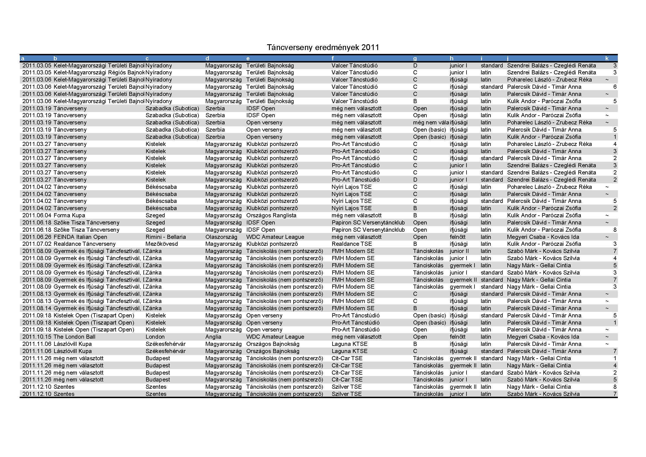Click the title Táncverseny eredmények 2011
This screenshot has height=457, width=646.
click(323, 47)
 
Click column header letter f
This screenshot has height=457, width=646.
click(333, 59)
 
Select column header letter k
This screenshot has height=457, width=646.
click(607, 59)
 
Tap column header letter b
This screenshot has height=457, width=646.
click(56, 59)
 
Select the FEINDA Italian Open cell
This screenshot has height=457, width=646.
click(80, 237)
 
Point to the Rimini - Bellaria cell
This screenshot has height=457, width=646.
click(166, 237)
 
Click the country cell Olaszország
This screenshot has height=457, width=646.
click(221, 237)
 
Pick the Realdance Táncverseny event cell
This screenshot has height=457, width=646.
click(85, 244)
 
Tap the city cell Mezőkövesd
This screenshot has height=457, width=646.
click(162, 244)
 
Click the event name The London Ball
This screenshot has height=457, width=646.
click(74, 337)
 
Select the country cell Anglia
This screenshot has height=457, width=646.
click(213, 337)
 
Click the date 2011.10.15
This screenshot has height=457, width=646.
click(37, 337)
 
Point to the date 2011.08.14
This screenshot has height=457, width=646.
click(37, 308)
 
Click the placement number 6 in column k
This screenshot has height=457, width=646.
click(615, 87)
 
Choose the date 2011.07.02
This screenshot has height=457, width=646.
click(37, 244)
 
